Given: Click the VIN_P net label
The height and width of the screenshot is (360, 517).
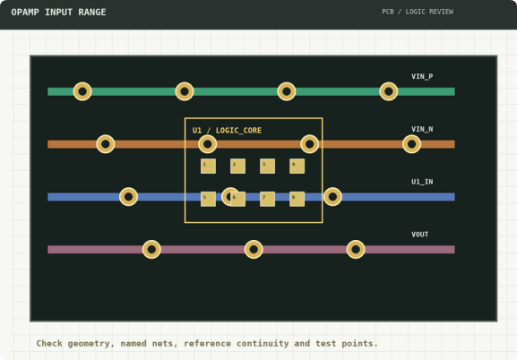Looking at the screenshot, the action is pyautogui.click(x=422, y=76).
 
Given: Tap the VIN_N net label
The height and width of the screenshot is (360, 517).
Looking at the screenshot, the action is pyautogui.click(x=422, y=129).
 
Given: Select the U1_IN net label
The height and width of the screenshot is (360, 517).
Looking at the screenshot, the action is pyautogui.click(x=422, y=182).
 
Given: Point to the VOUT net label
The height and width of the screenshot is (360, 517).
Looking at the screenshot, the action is pyautogui.click(x=419, y=235).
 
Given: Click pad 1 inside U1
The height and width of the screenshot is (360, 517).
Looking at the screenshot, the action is pyautogui.click(x=209, y=167).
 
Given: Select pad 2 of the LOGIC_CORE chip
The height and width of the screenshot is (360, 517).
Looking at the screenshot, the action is pyautogui.click(x=237, y=167).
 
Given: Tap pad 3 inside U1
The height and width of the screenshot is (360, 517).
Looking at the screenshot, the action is pyautogui.click(x=267, y=167).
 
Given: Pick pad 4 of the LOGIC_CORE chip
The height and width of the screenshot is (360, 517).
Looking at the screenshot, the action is pyautogui.click(x=297, y=167).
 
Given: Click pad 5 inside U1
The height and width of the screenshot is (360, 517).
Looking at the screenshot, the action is pyautogui.click(x=209, y=199).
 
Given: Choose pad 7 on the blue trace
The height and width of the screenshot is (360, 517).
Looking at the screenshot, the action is pyautogui.click(x=267, y=199).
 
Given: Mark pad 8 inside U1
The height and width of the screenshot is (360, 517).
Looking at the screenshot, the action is pyautogui.click(x=297, y=199).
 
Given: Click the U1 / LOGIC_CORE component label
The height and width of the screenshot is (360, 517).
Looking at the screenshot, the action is pyautogui.click(x=227, y=131).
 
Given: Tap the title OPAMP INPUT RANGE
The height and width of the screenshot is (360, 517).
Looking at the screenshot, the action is pyautogui.click(x=59, y=13).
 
